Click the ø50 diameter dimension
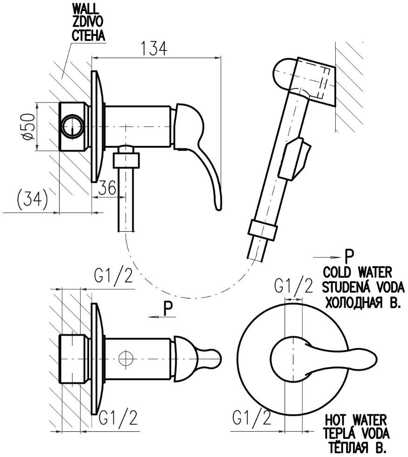[x=29, y=126]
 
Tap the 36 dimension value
[x=107, y=187]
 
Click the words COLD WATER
[x=358, y=272]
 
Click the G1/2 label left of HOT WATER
[x=252, y=418]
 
